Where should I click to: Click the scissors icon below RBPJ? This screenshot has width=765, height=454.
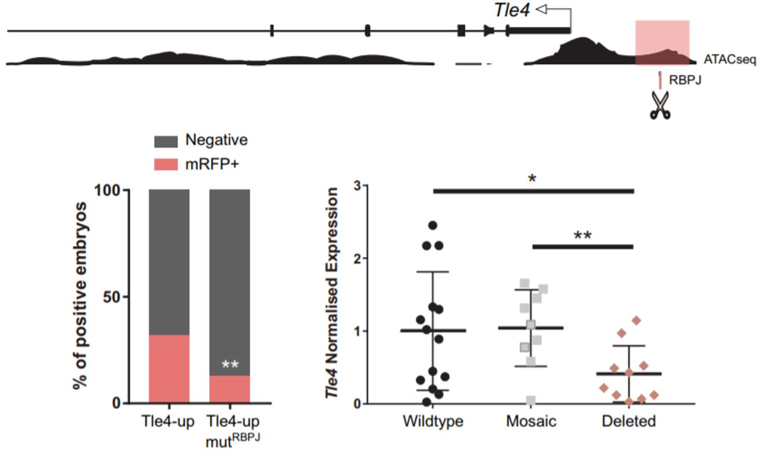point(660,106)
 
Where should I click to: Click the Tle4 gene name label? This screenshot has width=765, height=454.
point(511,10)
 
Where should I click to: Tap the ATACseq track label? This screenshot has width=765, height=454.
point(730,60)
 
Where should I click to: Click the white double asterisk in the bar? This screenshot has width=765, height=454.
point(230,365)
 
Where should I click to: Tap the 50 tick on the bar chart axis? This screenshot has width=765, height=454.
point(117,297)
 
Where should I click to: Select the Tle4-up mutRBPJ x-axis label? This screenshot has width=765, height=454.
point(229,427)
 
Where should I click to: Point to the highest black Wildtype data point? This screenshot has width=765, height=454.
point(433,225)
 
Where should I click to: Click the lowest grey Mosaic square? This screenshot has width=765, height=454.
point(530,400)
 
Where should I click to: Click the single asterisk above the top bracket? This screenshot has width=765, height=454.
point(532,177)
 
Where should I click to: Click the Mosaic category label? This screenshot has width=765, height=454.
point(531,421)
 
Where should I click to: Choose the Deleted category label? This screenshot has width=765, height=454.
point(629,421)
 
